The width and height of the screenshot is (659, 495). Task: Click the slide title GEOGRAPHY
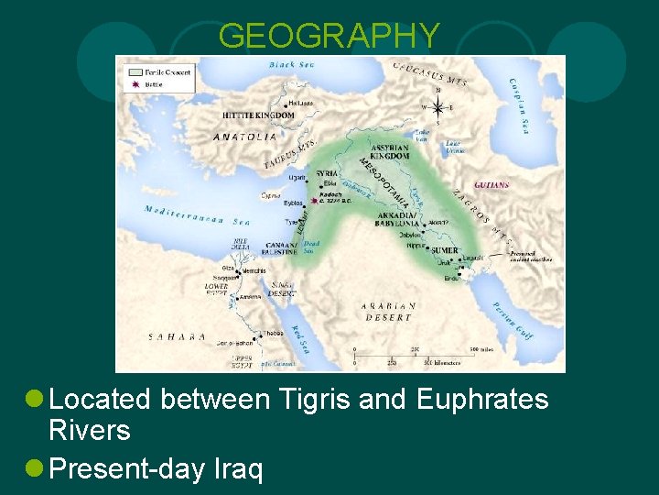click(x=329, y=36)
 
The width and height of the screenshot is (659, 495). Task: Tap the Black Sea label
click(x=290, y=65)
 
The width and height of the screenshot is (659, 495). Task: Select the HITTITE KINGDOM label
click(x=258, y=116)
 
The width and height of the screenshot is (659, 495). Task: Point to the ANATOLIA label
click(x=244, y=137)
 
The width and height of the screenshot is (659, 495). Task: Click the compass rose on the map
click(x=438, y=104)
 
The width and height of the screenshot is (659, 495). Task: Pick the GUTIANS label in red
click(x=492, y=185)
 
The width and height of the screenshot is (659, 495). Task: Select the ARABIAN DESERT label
click(x=388, y=311)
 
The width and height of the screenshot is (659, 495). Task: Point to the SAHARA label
click(x=178, y=337)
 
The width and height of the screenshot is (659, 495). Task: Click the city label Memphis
click(x=255, y=271)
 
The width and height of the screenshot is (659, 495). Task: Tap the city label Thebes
click(x=274, y=334)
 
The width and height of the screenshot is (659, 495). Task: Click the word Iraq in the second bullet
click(x=241, y=468)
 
